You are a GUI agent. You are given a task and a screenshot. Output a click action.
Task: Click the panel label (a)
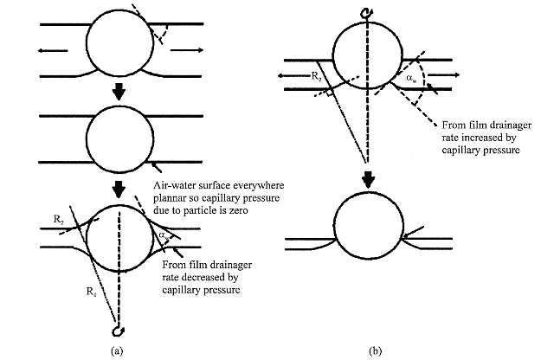point(118,351)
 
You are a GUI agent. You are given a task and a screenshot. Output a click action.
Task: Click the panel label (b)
point(375,351)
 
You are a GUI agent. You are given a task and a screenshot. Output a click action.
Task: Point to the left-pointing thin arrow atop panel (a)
point(53,51)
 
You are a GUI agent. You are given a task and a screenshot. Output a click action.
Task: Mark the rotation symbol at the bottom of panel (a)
point(119,330)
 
